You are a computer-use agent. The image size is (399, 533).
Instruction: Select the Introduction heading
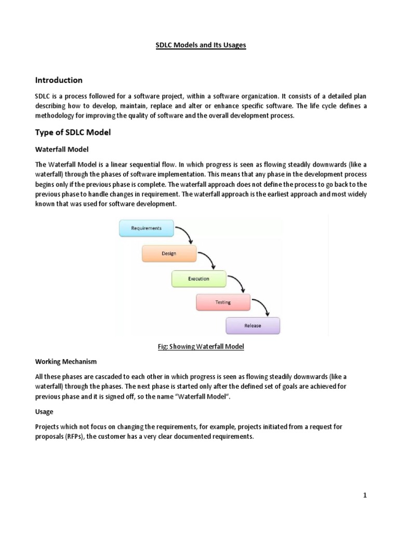coord(58,80)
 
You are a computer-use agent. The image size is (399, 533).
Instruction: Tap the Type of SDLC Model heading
coord(73,133)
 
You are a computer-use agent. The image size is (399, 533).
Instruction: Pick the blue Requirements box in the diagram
coord(146,228)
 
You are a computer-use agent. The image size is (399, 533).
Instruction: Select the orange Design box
coord(169,253)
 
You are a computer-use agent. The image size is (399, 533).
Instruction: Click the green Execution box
coord(198,278)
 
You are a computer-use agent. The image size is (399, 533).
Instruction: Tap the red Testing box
coord(223,302)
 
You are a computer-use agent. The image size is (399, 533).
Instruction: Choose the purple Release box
coord(252,326)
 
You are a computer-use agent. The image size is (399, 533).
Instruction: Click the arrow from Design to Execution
coord(209,260)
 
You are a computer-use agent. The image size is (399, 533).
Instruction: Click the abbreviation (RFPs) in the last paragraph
coord(74,437)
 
